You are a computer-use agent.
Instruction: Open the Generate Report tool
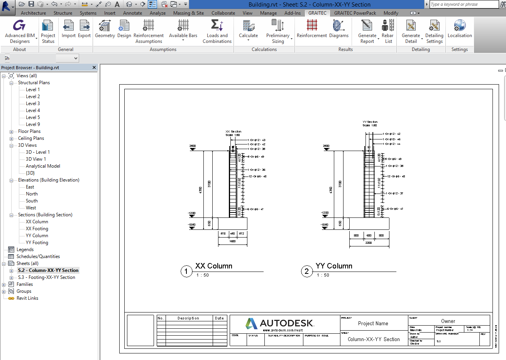(x=367, y=31)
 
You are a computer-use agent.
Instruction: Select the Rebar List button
(x=388, y=31)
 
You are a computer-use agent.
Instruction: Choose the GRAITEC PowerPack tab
(x=355, y=13)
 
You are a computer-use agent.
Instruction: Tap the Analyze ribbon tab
(x=157, y=13)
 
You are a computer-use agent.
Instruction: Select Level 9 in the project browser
(x=33, y=124)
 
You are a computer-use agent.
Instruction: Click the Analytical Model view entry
(x=43, y=166)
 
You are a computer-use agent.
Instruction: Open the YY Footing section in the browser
(x=37, y=243)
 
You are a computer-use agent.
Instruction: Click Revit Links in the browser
(x=27, y=298)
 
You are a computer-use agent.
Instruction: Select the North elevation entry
(x=32, y=194)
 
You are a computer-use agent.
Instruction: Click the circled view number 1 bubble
(x=186, y=272)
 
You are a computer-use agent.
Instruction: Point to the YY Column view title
(x=334, y=266)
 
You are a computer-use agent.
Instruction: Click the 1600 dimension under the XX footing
(x=232, y=241)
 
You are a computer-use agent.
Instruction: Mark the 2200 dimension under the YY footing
(x=369, y=243)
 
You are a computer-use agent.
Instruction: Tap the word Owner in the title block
(x=448, y=321)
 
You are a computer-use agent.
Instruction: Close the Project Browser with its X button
(x=94, y=68)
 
